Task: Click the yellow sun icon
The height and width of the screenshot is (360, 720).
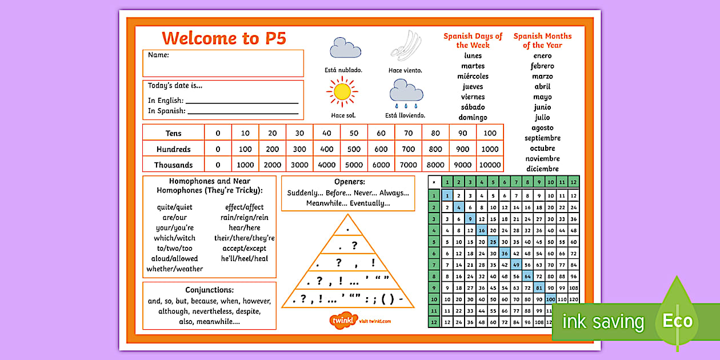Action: tap(342, 91)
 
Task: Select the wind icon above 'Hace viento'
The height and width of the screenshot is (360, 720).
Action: tap(405, 46)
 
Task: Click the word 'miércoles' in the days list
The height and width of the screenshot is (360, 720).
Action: tap(473, 76)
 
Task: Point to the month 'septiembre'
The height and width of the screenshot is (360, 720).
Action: tap(542, 138)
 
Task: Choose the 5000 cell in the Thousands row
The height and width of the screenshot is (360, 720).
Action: tap(354, 165)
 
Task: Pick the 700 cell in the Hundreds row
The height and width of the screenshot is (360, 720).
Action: tap(408, 149)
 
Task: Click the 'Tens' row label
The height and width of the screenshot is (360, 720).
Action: tap(173, 133)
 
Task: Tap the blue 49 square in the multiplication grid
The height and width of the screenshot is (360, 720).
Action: tap(516, 264)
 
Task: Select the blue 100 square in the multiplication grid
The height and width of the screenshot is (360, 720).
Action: tap(550, 299)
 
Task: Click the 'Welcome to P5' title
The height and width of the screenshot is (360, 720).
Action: tap(223, 38)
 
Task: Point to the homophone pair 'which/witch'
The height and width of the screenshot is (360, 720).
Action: tap(174, 238)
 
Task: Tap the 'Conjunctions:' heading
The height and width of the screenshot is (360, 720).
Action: tap(209, 290)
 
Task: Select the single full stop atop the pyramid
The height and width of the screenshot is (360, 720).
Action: tap(348, 229)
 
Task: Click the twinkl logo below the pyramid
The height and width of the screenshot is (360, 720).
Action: tap(343, 321)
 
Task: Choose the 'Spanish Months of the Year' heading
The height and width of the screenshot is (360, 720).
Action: tap(542, 40)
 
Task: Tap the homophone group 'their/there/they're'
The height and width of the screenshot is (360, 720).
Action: tap(244, 238)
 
